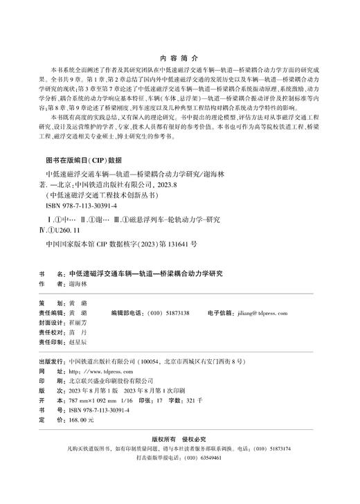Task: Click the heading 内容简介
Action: coord(179,60)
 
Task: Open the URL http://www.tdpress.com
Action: coord(96,372)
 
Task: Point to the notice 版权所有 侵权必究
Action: coord(179,439)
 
